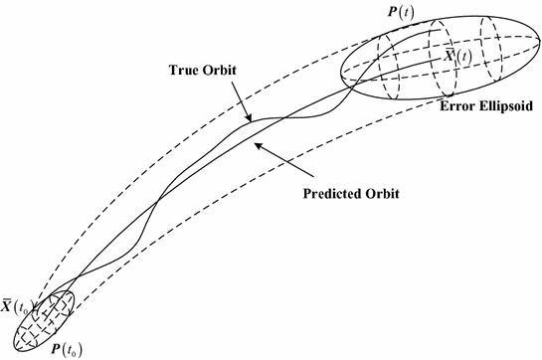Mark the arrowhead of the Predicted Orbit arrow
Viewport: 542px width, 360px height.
tap(255, 144)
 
